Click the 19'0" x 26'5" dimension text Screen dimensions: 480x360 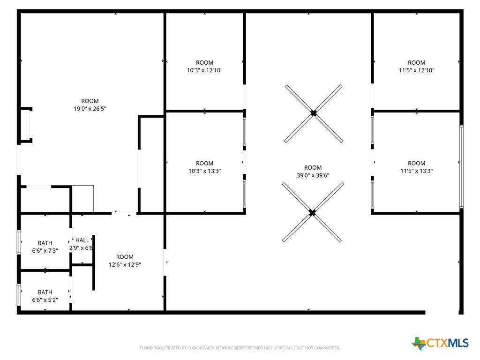click(x=90, y=109)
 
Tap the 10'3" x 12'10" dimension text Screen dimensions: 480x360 click(x=204, y=70)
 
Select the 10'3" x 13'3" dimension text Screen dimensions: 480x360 click(x=204, y=171)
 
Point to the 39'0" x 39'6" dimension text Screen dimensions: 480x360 click(x=313, y=175)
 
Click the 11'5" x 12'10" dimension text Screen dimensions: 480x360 click(x=416, y=70)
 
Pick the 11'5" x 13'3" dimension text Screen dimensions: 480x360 click(x=416, y=171)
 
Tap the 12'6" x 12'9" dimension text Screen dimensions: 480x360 click(x=125, y=264)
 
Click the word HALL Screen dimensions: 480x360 click(x=82, y=240)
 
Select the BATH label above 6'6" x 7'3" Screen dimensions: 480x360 click(x=45, y=243)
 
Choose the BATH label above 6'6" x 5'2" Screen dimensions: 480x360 click(x=45, y=292)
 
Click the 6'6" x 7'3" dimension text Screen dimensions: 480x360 click(x=45, y=251)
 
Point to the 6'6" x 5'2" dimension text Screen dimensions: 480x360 click(x=45, y=300)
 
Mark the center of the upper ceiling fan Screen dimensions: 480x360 click(x=314, y=113)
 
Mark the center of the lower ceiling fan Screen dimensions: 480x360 click(x=312, y=212)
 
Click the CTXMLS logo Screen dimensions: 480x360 click(x=440, y=343)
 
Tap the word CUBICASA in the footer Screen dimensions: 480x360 click(x=196, y=348)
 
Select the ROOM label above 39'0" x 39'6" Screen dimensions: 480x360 click(x=313, y=168)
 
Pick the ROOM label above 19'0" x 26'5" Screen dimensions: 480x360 click(x=90, y=101)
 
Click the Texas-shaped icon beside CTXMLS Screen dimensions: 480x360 click(x=419, y=344)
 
